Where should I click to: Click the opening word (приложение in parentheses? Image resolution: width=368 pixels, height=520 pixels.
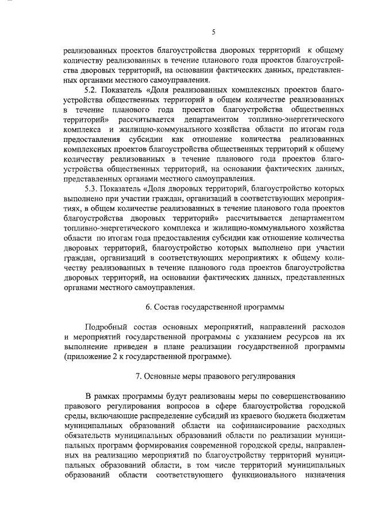86,357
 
